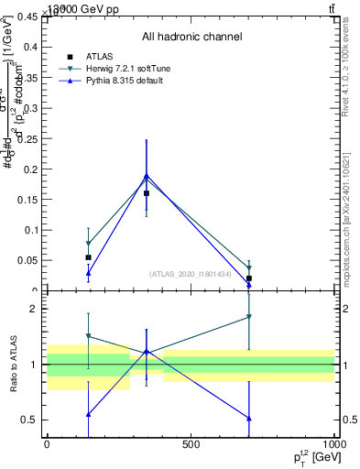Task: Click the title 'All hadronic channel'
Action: click(191, 37)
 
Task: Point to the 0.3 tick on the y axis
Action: click(28, 108)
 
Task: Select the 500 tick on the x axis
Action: click(191, 444)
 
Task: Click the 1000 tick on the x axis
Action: click(334, 444)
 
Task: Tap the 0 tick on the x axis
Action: click(47, 444)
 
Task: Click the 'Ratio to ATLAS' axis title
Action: click(13, 364)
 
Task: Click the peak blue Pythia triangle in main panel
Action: click(147, 175)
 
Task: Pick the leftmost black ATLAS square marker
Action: click(88, 257)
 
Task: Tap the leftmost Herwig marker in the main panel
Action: click(88, 245)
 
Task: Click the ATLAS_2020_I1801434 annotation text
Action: click(191, 274)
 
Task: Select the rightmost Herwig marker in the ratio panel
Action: click(248, 317)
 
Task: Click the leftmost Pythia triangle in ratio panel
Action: click(88, 414)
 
